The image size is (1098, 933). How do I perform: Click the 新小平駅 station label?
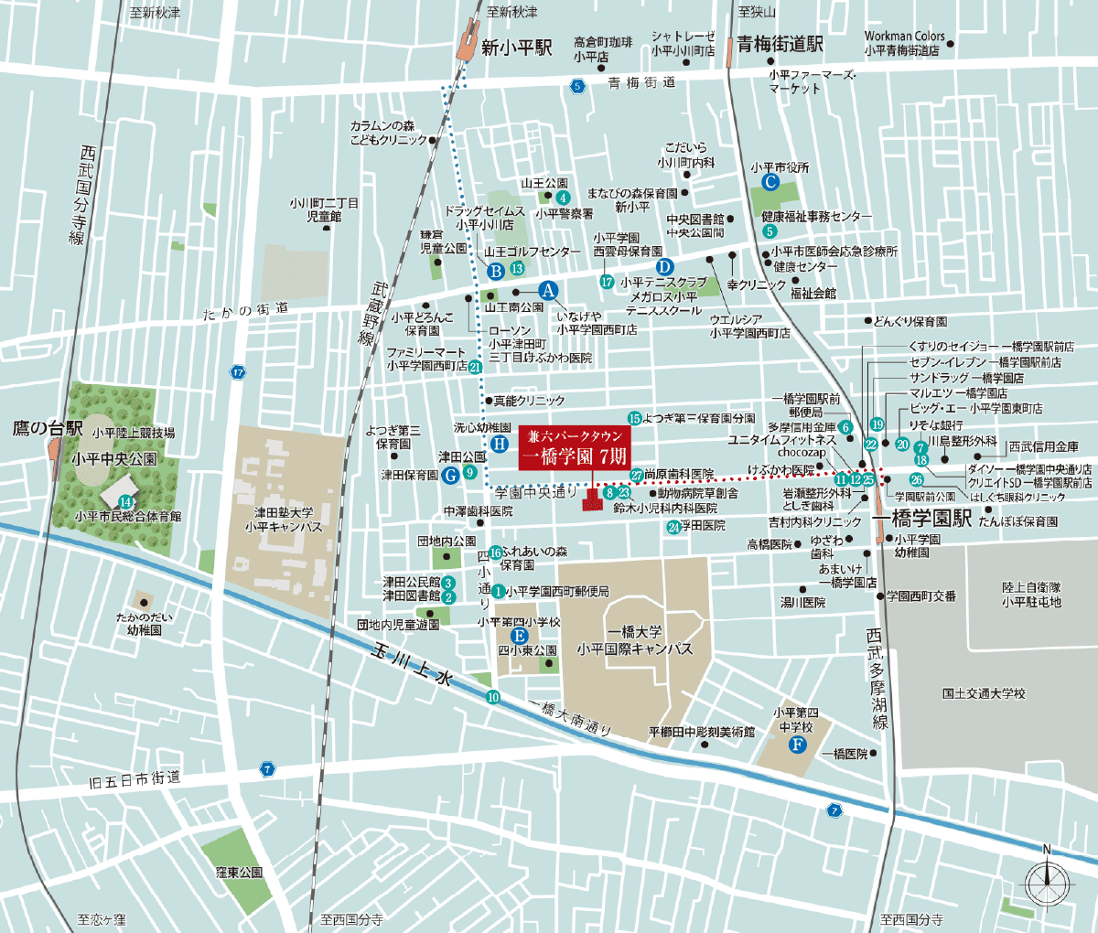(516, 48)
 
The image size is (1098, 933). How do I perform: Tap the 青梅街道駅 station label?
(780, 45)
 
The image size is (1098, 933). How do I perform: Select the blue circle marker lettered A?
(548, 290)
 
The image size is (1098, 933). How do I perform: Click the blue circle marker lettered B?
(496, 271)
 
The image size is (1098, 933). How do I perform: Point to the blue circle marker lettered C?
(770, 183)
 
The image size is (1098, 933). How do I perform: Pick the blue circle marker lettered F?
(797, 745)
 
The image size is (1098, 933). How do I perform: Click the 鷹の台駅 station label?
(48, 427)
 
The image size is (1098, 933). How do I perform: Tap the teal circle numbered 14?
(125, 501)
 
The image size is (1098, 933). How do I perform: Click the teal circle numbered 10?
(493, 697)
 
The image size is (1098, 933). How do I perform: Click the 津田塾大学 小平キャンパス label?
(284, 520)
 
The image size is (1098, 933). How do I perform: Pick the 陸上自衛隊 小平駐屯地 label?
(1031, 595)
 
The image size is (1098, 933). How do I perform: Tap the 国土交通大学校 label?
(984, 693)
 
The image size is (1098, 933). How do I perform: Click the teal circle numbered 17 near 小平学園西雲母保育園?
(607, 282)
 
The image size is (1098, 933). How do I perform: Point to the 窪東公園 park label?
(239, 873)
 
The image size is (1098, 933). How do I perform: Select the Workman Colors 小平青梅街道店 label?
(904, 44)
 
